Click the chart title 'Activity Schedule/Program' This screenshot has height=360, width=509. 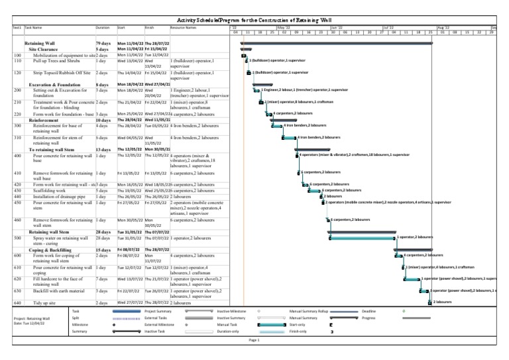[x=254, y=21]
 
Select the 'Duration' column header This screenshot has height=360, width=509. [x=102, y=28]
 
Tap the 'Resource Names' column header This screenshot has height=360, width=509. [x=183, y=28]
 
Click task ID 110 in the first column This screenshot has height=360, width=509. [x=17, y=60]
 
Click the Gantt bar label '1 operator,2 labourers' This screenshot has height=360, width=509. [x=416, y=235]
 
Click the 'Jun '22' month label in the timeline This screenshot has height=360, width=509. [x=336, y=27]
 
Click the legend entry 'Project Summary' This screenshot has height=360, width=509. [x=158, y=311]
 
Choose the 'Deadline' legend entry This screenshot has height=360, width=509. [x=369, y=311]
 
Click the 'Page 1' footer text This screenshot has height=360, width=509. [x=254, y=339]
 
